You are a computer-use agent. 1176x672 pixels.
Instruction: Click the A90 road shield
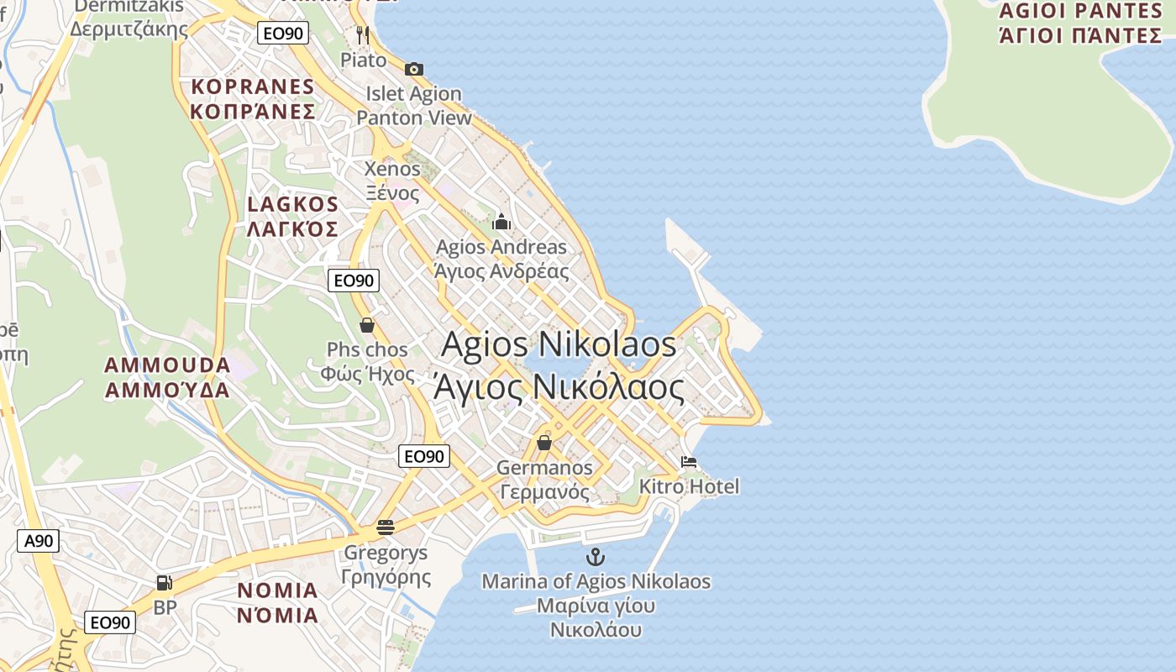point(39,541)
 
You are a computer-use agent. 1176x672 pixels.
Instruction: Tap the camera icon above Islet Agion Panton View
point(413,69)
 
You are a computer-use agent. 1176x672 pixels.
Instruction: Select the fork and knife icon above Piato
point(363,35)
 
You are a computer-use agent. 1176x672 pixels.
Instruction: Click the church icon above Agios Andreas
point(501,222)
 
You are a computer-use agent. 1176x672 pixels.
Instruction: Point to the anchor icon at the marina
point(595,556)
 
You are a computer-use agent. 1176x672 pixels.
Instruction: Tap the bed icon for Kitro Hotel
point(689,462)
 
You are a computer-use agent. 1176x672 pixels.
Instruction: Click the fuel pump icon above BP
point(165,582)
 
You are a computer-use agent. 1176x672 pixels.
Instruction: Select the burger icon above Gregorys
point(386,528)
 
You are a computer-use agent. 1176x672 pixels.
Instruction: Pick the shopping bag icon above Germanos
point(544,442)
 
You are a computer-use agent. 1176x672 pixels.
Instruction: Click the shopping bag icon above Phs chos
point(367,324)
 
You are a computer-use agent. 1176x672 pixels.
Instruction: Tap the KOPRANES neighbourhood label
point(253,99)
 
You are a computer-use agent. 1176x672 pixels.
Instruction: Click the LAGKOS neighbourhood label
point(292,216)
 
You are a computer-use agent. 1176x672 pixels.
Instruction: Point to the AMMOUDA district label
point(167,377)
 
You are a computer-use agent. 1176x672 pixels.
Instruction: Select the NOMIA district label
point(277,602)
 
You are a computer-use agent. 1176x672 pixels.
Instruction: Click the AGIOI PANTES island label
point(1080,23)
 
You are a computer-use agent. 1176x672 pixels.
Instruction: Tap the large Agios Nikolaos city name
point(559,365)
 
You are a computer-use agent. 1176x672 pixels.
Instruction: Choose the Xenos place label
point(392,181)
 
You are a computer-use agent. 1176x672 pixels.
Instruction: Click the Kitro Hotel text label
point(689,486)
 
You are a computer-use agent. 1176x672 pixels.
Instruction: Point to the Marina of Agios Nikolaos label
point(596,605)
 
